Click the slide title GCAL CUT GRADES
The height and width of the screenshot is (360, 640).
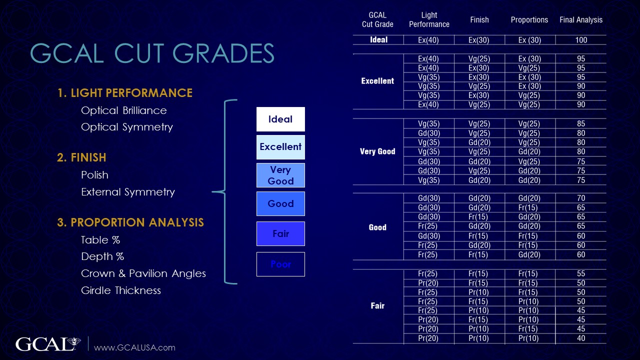[152, 54]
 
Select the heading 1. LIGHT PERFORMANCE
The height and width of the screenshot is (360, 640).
[125, 93]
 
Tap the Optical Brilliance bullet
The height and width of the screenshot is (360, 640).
[123, 110]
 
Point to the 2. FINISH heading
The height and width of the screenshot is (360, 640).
[81, 157]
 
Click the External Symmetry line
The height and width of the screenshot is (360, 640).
[127, 192]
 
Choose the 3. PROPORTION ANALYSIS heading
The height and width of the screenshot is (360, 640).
[130, 222]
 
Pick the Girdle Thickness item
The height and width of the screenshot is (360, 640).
[120, 290]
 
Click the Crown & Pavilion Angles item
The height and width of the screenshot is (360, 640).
[143, 273]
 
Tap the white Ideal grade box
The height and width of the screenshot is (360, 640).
[280, 119]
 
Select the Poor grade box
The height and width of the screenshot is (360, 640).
[280, 264]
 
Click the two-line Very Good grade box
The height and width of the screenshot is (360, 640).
[280, 175]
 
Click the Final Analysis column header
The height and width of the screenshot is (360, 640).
[580, 20]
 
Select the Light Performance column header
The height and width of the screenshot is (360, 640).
[429, 20]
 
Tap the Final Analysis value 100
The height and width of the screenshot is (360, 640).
[580, 40]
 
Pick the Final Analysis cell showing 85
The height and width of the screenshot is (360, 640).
[580, 124]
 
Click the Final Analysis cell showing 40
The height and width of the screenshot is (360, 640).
[580, 338]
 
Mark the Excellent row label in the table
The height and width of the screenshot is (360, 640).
[377, 81]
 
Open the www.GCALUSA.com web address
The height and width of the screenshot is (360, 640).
[134, 347]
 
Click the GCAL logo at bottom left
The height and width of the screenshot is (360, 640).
[48, 344]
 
